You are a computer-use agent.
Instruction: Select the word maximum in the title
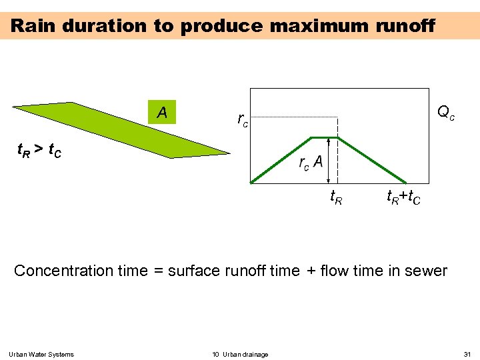coord(319,26)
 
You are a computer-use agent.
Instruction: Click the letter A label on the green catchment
coord(162,113)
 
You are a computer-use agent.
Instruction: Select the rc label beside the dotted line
coord(243,120)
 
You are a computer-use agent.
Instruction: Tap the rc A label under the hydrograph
coord(311,162)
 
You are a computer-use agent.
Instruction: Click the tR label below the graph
coord(337,197)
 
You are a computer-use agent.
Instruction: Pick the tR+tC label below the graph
coord(403,197)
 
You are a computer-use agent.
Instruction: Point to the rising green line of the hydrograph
coord(281,160)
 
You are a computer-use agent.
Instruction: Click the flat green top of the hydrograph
coord(325,138)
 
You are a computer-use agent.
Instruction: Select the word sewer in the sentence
coord(427,271)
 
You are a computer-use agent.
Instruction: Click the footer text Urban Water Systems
coord(42,354)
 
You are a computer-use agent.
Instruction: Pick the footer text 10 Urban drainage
coord(240,354)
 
